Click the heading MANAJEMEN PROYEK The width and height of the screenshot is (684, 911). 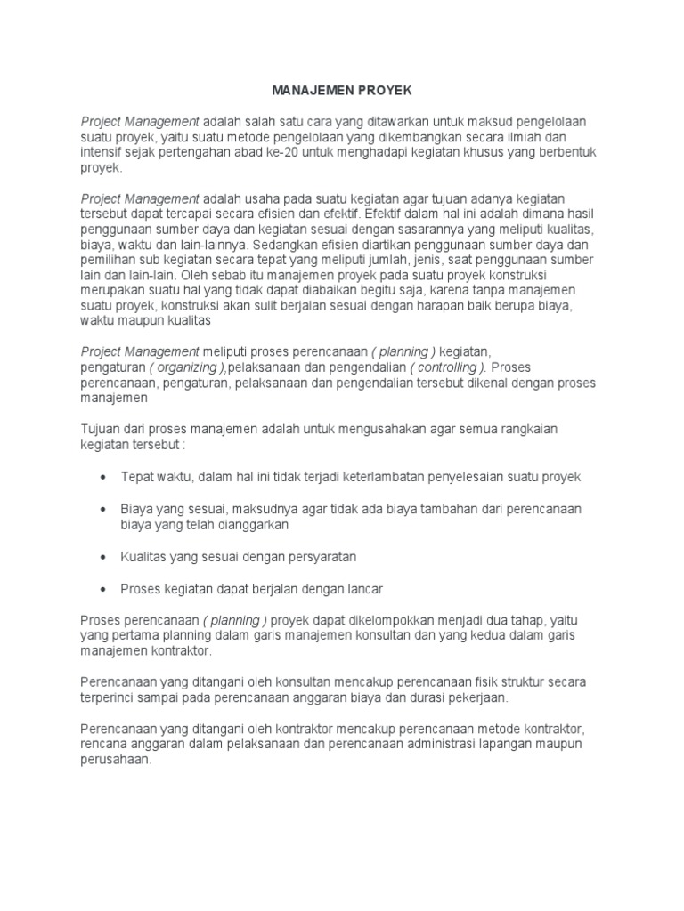(342, 91)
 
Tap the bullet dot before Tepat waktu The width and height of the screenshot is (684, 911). (102, 478)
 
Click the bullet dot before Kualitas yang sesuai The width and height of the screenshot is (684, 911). (102, 558)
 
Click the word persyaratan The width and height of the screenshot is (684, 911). (319, 558)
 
